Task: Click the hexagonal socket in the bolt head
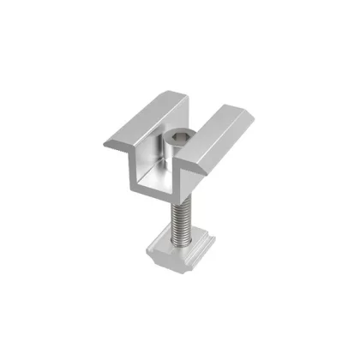tap(181, 136)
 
